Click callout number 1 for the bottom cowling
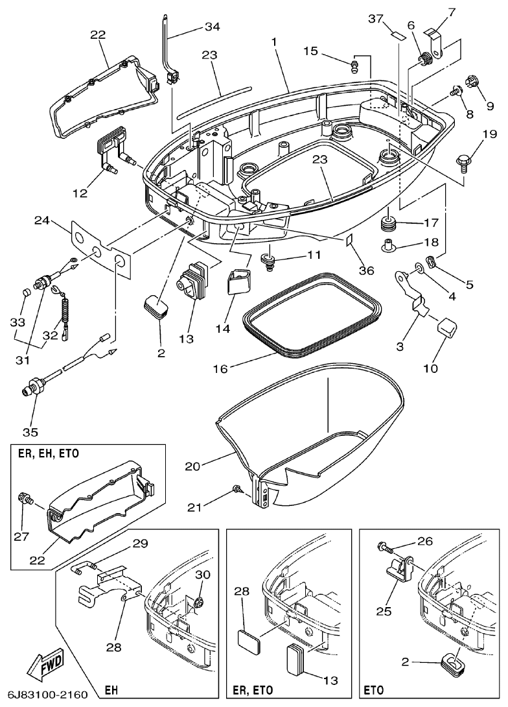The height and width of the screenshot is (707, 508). [x=274, y=42]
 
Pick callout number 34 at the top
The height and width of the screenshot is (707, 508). [x=213, y=27]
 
